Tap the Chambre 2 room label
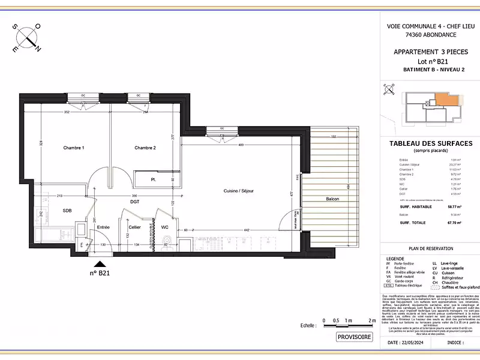(x=145, y=148)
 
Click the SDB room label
(x=50, y=211)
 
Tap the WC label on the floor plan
(x=164, y=227)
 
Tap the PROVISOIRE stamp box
(x=355, y=337)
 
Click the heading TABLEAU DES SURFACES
(x=431, y=143)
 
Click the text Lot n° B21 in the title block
(x=431, y=62)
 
